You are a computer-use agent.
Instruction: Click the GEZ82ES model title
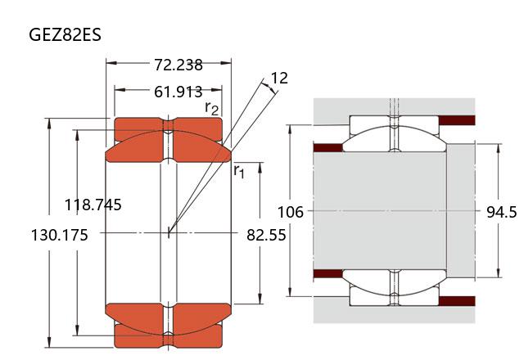(x=65, y=34)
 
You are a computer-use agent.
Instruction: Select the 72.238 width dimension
(x=178, y=65)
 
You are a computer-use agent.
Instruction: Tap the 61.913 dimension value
(x=178, y=92)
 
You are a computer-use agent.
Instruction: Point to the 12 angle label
(x=279, y=79)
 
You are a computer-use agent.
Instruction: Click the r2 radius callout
(x=212, y=108)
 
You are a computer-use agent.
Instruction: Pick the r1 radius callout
(x=239, y=171)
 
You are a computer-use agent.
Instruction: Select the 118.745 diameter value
(x=93, y=205)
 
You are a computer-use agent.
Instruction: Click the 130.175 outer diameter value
(x=60, y=235)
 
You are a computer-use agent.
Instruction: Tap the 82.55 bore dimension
(x=266, y=235)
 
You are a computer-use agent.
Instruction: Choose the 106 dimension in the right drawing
(x=291, y=212)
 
